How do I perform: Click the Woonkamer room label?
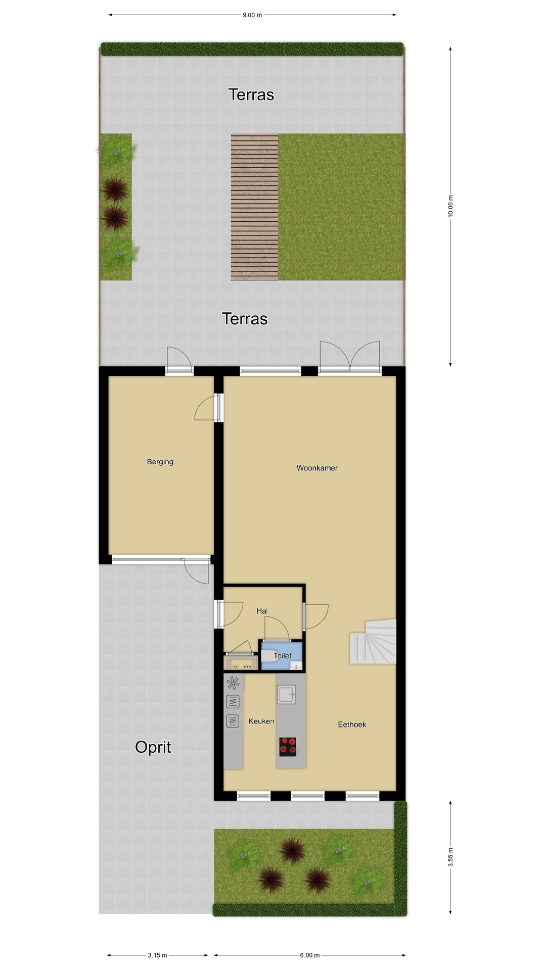pos(317,468)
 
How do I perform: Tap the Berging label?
pos(160,462)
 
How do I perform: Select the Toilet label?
pos(283,656)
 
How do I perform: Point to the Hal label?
pos(262,611)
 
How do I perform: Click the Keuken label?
pos(261,721)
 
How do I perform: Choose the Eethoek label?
pos(352,724)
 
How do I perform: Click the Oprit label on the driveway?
pos(153,747)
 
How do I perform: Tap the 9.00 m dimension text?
pos(252,15)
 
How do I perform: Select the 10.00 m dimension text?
pos(450,206)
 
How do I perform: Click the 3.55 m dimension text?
pos(450,857)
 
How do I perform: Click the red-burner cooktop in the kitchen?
pos(288,747)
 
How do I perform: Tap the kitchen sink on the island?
pos(286,695)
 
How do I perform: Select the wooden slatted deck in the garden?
pos(255,207)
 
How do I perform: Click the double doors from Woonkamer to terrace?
pos(349,358)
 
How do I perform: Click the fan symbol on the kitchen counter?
pos(233,684)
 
